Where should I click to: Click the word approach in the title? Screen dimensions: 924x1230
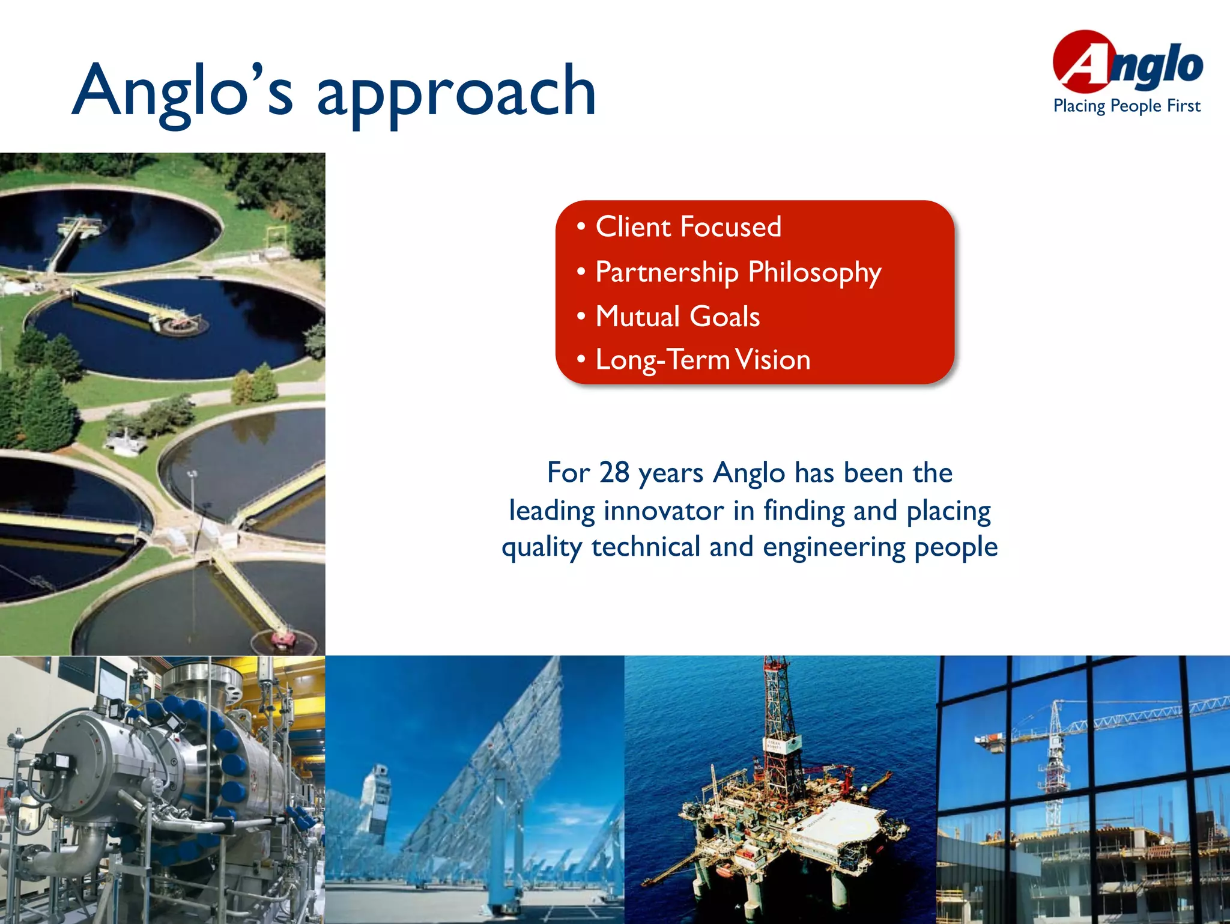(x=456, y=93)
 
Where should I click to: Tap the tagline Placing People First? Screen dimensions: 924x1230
(x=1127, y=106)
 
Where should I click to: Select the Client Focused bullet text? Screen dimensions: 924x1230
(x=688, y=227)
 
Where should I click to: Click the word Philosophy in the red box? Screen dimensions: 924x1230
(x=814, y=273)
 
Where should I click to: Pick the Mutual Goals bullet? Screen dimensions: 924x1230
(x=677, y=317)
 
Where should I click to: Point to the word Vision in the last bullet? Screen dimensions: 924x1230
(x=774, y=360)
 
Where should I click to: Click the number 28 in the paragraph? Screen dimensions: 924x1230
(x=614, y=472)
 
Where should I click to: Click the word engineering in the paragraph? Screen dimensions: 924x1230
(x=834, y=547)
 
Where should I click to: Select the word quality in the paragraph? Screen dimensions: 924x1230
(x=542, y=547)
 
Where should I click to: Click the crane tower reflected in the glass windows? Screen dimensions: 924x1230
(x=1055, y=757)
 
